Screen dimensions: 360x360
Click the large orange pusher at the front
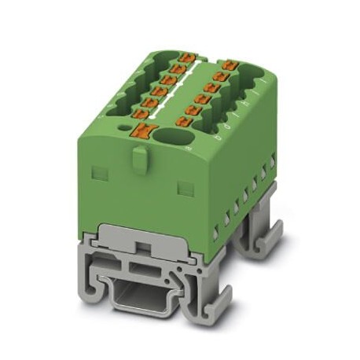(x=143, y=131)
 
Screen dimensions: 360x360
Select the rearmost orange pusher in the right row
(x=229, y=64)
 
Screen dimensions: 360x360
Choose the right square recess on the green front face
(x=185, y=186)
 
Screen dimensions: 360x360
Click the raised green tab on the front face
(x=138, y=160)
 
